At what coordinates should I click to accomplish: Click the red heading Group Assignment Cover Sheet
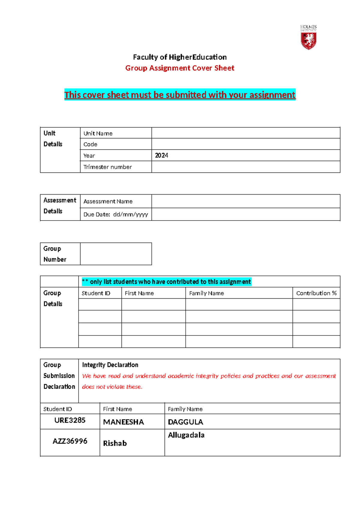click(x=180, y=68)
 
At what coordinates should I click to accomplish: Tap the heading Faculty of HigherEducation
click(x=180, y=57)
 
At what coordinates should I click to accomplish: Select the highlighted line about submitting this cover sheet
click(x=180, y=95)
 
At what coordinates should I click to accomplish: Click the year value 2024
click(x=161, y=155)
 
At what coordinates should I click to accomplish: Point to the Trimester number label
click(x=107, y=167)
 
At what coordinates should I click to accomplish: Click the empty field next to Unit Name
click(x=245, y=133)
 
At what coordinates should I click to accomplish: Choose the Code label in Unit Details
click(x=90, y=144)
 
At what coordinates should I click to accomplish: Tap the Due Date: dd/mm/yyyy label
click(x=115, y=214)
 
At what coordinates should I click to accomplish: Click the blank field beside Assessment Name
click(x=245, y=201)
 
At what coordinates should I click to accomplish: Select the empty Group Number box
click(x=116, y=254)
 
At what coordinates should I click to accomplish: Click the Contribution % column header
click(x=316, y=293)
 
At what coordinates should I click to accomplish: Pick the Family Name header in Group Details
click(x=206, y=293)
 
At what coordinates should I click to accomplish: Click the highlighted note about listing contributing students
click(x=166, y=282)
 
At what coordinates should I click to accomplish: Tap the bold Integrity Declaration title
click(x=110, y=365)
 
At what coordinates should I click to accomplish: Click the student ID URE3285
click(x=70, y=420)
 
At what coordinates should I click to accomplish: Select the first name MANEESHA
click(x=123, y=422)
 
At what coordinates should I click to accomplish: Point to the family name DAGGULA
click(x=185, y=422)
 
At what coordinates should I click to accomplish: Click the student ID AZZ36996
click(x=70, y=441)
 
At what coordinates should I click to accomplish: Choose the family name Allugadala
click(x=186, y=435)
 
